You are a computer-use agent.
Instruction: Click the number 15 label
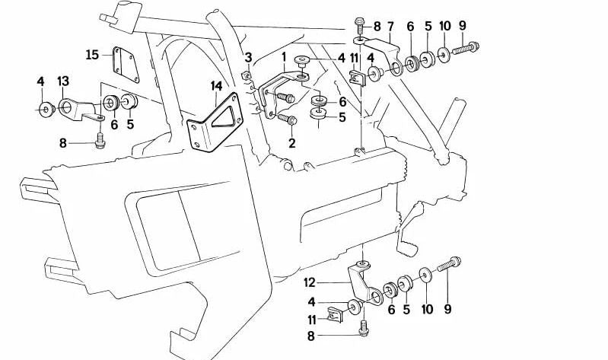[x=92, y=54]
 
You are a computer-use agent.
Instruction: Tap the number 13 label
[x=63, y=81]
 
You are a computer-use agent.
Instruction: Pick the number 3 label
[x=248, y=58]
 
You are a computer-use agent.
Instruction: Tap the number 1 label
[x=283, y=56]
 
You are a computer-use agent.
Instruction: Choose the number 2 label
[x=292, y=142]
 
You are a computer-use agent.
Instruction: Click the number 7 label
[x=390, y=27]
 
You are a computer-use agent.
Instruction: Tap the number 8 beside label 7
[x=376, y=27]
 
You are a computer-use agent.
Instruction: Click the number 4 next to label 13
[x=40, y=81]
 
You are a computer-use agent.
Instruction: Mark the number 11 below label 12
[x=312, y=320]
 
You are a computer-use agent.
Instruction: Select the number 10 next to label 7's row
[x=445, y=27]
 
